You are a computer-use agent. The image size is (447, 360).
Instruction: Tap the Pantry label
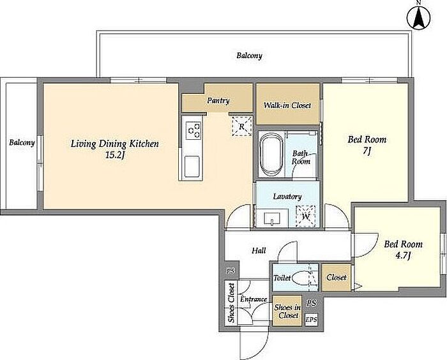coord(218,101)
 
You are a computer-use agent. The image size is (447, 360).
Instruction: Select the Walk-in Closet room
coord(287,104)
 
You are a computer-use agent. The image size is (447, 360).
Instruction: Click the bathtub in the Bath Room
coord(271,155)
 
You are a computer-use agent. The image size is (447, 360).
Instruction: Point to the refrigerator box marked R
coord(242,126)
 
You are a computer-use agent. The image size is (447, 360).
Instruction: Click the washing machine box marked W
coord(306,216)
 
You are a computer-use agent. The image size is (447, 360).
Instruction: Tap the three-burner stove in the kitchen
coord(193,130)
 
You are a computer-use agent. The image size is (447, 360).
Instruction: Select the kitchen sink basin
coord(192,167)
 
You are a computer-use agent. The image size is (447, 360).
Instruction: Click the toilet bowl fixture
coord(301,278)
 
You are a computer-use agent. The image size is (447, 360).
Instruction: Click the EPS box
coord(312,320)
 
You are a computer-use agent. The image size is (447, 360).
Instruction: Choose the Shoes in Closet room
coord(287,311)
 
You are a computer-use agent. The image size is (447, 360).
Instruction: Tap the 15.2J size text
coord(115,156)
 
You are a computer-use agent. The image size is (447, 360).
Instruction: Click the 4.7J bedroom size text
coord(403,255)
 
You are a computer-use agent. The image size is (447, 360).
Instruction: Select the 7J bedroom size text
coord(367,151)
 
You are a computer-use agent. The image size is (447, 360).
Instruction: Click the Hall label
coord(259,251)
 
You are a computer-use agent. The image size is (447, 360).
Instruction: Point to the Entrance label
coord(253,299)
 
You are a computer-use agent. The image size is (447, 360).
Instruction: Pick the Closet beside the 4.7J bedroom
coord(337,277)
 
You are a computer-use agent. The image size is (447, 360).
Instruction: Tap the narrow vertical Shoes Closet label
coord(231,303)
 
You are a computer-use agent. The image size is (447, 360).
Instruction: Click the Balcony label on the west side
coord(22,142)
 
